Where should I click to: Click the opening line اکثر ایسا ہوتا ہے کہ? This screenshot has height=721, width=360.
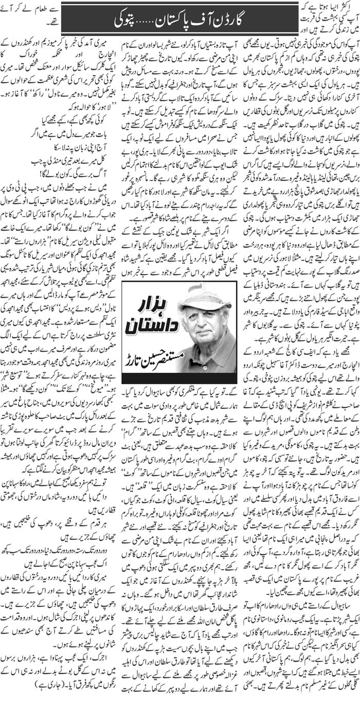(328, 7)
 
